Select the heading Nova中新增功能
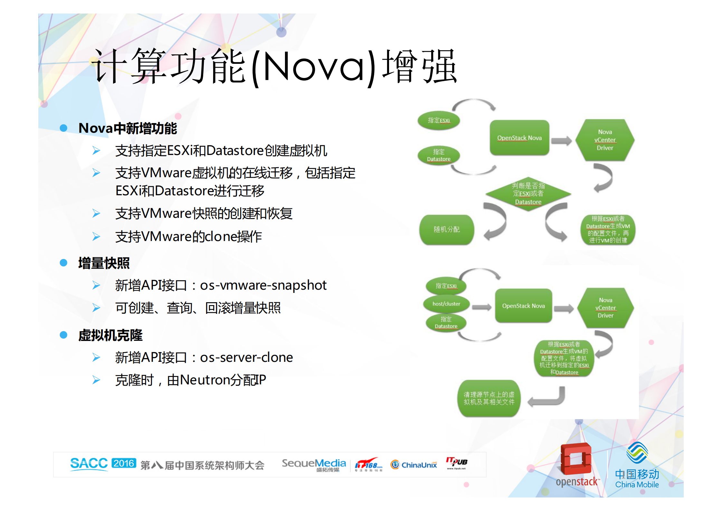128,128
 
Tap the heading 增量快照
104,263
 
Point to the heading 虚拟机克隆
110,335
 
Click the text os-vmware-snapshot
263,285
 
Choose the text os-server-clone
246,358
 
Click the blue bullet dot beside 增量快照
63,263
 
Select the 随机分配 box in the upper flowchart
446,229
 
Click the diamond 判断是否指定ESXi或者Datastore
528,194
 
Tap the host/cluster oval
446,304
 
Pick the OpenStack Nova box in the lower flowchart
523,306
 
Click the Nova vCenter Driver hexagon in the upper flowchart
605,140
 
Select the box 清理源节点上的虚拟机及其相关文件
489,399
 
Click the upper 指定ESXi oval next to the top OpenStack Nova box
439,121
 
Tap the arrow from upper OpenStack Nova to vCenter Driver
561,141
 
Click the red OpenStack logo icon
576,459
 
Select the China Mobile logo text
637,479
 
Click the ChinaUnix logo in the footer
414,465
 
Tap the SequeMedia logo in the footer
314,464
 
